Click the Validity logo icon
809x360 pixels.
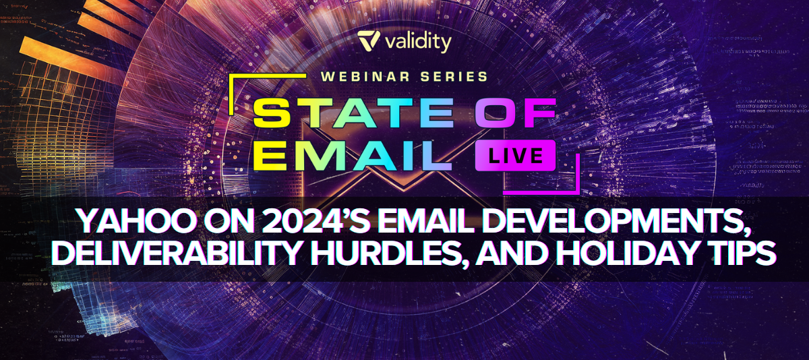pos(368,40)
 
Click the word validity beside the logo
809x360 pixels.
pos(418,42)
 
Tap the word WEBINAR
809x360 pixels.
pos(365,77)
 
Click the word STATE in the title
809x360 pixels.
pos(353,113)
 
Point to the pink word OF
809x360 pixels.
pos(515,113)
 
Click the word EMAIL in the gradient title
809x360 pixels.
pos(352,155)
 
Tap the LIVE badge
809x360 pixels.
pos(515,156)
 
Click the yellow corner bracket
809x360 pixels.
pos(268,76)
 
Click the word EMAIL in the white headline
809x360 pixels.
pos(426,220)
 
